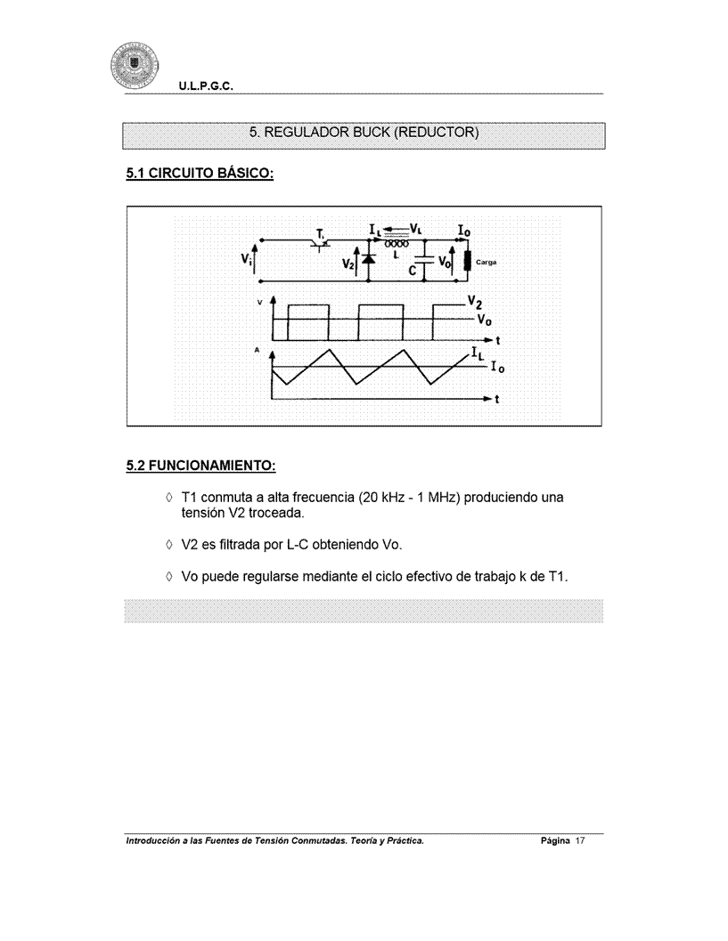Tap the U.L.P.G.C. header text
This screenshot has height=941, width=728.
205,87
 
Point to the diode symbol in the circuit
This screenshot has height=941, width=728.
368,258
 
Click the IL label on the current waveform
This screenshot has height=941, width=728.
478,358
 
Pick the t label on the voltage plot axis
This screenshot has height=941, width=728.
496,341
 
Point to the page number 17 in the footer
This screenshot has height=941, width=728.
577,840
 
